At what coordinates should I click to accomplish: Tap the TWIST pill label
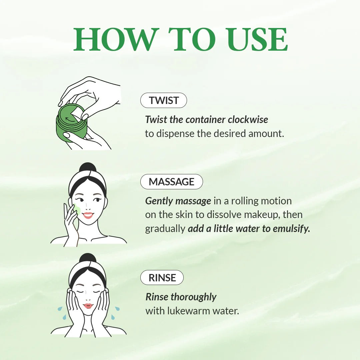point(164,100)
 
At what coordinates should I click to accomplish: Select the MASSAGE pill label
point(171,182)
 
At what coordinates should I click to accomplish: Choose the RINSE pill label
point(162,278)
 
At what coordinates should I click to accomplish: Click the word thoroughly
point(193,297)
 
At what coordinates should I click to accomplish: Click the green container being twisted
point(71,125)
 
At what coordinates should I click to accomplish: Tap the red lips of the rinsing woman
point(88,306)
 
